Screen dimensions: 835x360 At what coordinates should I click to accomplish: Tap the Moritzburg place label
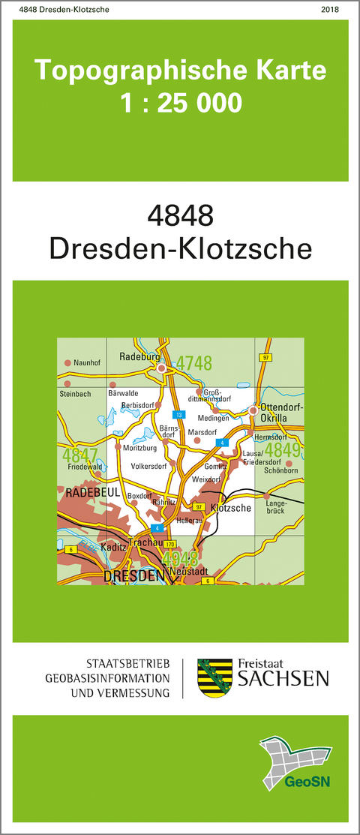pos(140,447)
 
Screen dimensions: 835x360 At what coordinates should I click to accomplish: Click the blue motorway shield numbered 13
pos(178,415)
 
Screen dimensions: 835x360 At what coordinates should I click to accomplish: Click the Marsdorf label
pos(202,432)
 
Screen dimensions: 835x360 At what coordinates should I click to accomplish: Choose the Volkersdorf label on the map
pos(148,466)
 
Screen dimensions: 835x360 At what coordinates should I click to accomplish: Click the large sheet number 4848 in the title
pos(181,217)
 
